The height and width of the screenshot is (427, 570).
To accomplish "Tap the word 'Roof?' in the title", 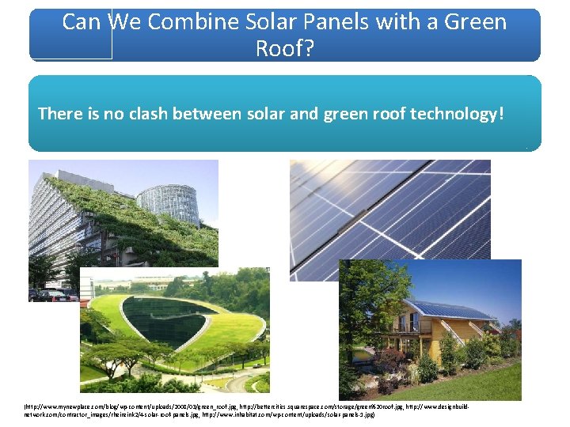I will tap(285, 49).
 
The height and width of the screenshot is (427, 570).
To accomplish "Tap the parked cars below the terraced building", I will tap(51, 295).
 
